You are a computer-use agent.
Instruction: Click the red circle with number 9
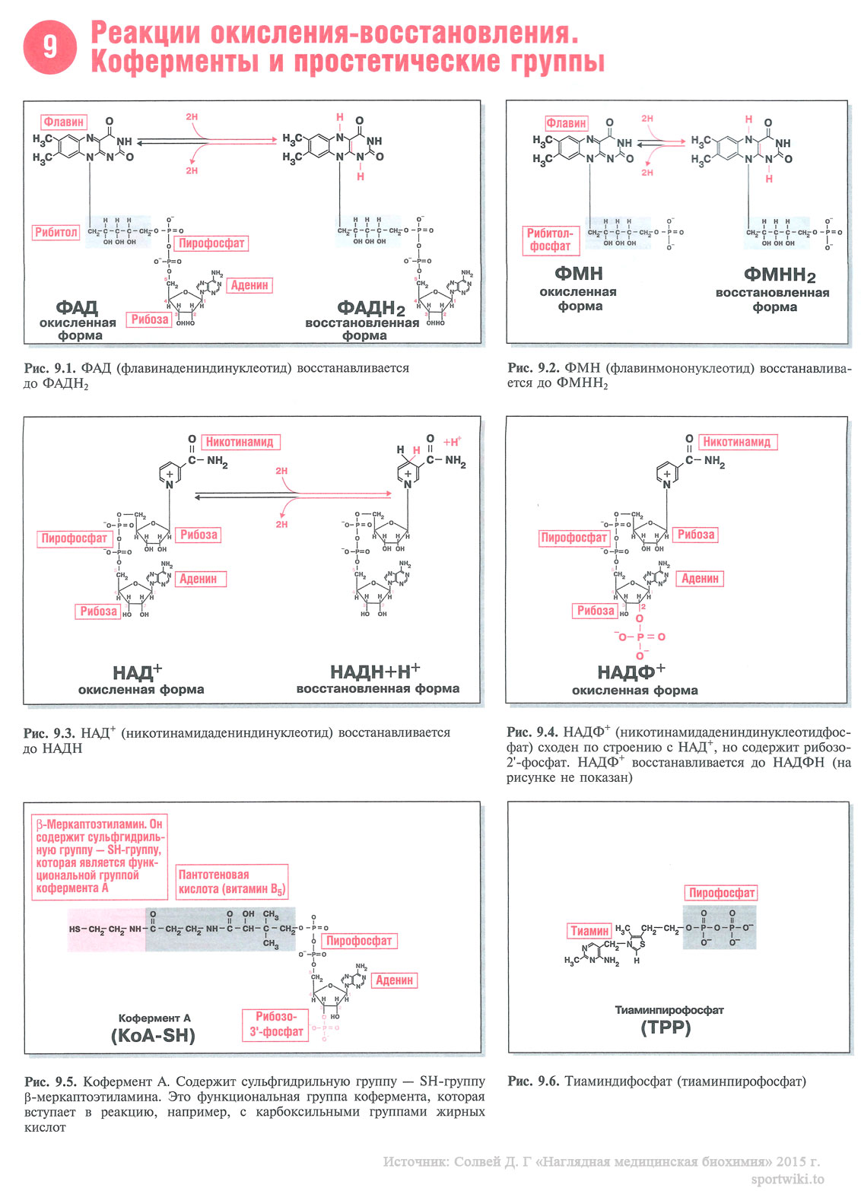pyautogui.click(x=49, y=47)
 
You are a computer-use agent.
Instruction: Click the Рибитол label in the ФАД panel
pyautogui.click(x=56, y=232)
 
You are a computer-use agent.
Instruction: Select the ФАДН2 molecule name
pyautogui.click(x=370, y=308)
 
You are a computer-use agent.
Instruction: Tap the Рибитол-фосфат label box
pyautogui.click(x=551, y=240)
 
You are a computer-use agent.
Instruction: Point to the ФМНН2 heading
pyautogui.click(x=779, y=275)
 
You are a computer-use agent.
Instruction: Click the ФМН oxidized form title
pyautogui.click(x=579, y=274)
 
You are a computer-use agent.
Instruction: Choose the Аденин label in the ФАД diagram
pyautogui.click(x=249, y=285)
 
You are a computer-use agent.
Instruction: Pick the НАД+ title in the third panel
pyautogui.click(x=137, y=672)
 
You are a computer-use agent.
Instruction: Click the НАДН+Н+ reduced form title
pyautogui.click(x=375, y=672)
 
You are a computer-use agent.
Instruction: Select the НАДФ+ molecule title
pyautogui.click(x=631, y=672)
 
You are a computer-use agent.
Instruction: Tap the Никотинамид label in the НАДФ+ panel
pyautogui.click(x=736, y=442)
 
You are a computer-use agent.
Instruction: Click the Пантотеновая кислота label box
pyautogui.click(x=231, y=881)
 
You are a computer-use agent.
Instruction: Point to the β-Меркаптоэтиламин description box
pyautogui.click(x=99, y=856)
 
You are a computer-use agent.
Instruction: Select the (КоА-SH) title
pyautogui.click(x=153, y=1036)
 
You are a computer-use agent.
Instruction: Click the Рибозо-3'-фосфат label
pyautogui.click(x=276, y=1024)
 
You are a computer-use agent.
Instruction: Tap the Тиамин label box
pyautogui.click(x=590, y=931)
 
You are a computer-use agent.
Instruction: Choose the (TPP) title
pyautogui.click(x=666, y=1027)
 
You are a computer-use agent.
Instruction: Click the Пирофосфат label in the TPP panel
pyautogui.click(x=721, y=893)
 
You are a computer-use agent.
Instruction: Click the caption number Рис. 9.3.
pyautogui.click(x=49, y=733)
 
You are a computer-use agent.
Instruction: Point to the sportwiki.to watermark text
pyautogui.click(x=787, y=1179)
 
